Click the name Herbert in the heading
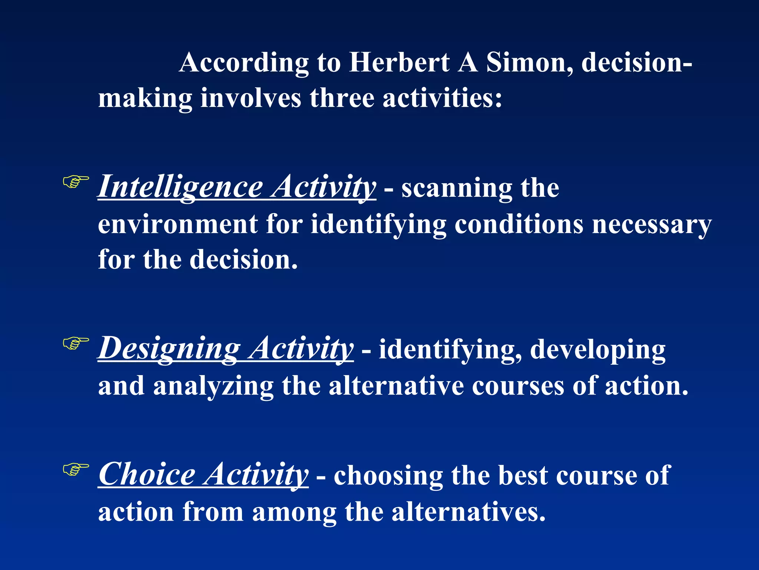click(x=400, y=62)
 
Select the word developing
click(x=597, y=350)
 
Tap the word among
click(x=294, y=512)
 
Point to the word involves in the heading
click(x=251, y=98)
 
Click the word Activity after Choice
click(x=256, y=475)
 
